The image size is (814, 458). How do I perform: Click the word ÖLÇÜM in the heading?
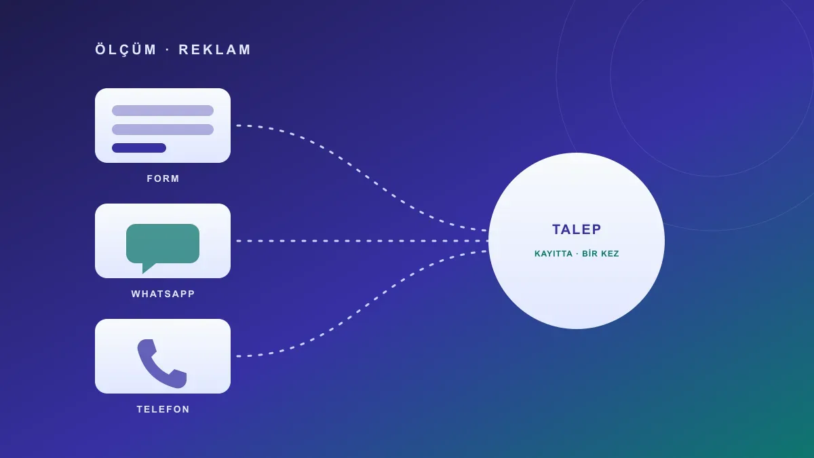click(x=125, y=49)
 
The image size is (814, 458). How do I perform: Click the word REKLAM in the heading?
click(x=214, y=50)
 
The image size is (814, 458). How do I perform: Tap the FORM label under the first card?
click(x=163, y=178)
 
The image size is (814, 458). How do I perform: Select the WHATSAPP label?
click(x=163, y=294)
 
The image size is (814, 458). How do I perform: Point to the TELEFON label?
click(x=163, y=409)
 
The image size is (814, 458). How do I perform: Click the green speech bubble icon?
click(x=162, y=244)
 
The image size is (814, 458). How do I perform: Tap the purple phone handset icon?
click(x=161, y=364)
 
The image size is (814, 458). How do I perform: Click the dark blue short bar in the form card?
click(x=139, y=148)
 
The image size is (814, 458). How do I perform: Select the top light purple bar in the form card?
click(x=162, y=111)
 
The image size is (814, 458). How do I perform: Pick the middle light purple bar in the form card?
click(x=162, y=130)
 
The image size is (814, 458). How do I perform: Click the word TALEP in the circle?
click(x=577, y=229)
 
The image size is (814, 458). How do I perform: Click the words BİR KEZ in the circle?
click(x=600, y=253)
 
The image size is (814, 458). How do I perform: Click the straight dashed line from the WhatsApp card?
click(x=362, y=241)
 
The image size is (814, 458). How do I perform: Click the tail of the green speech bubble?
click(x=147, y=268)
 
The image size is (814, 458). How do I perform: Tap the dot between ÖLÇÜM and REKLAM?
click(x=168, y=50)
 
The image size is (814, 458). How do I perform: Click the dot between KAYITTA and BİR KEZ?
click(x=577, y=254)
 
